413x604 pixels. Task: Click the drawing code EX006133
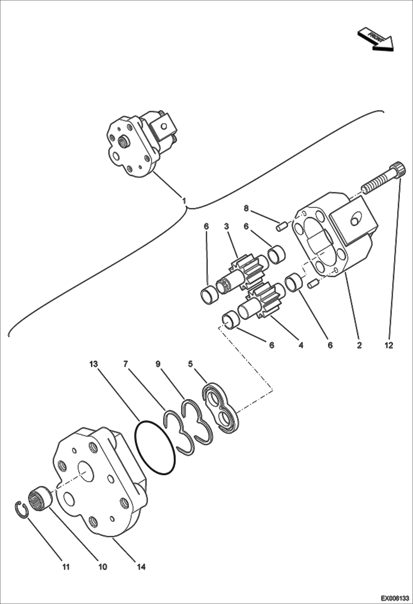click(395, 598)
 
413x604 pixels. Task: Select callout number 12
click(389, 345)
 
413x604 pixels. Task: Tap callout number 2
click(359, 345)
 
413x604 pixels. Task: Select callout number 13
click(93, 364)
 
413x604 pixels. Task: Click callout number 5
click(190, 364)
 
